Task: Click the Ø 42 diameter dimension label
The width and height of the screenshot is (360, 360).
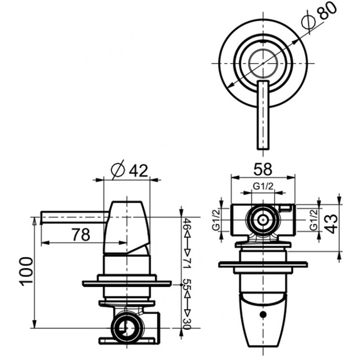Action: tap(129, 171)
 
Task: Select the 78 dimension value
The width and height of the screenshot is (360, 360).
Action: tap(81, 234)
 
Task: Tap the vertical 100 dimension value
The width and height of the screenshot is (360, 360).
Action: tap(26, 272)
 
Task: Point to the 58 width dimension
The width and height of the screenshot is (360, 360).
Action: tap(263, 169)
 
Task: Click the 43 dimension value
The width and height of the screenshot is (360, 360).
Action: tap(332, 224)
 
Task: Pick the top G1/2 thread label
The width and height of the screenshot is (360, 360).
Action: tap(263, 186)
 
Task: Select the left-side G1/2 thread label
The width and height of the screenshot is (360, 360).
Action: tap(216, 220)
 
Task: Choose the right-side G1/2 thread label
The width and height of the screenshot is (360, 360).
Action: tap(314, 220)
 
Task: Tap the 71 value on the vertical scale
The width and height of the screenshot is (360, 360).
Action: tap(188, 263)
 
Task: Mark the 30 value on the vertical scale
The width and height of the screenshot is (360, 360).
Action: tap(188, 324)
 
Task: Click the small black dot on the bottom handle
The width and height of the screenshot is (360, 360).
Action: tap(263, 314)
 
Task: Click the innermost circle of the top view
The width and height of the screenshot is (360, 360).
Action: tap(263, 63)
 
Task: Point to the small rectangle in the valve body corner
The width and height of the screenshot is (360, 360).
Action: tap(286, 208)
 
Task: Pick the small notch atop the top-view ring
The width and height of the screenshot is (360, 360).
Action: tap(263, 42)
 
